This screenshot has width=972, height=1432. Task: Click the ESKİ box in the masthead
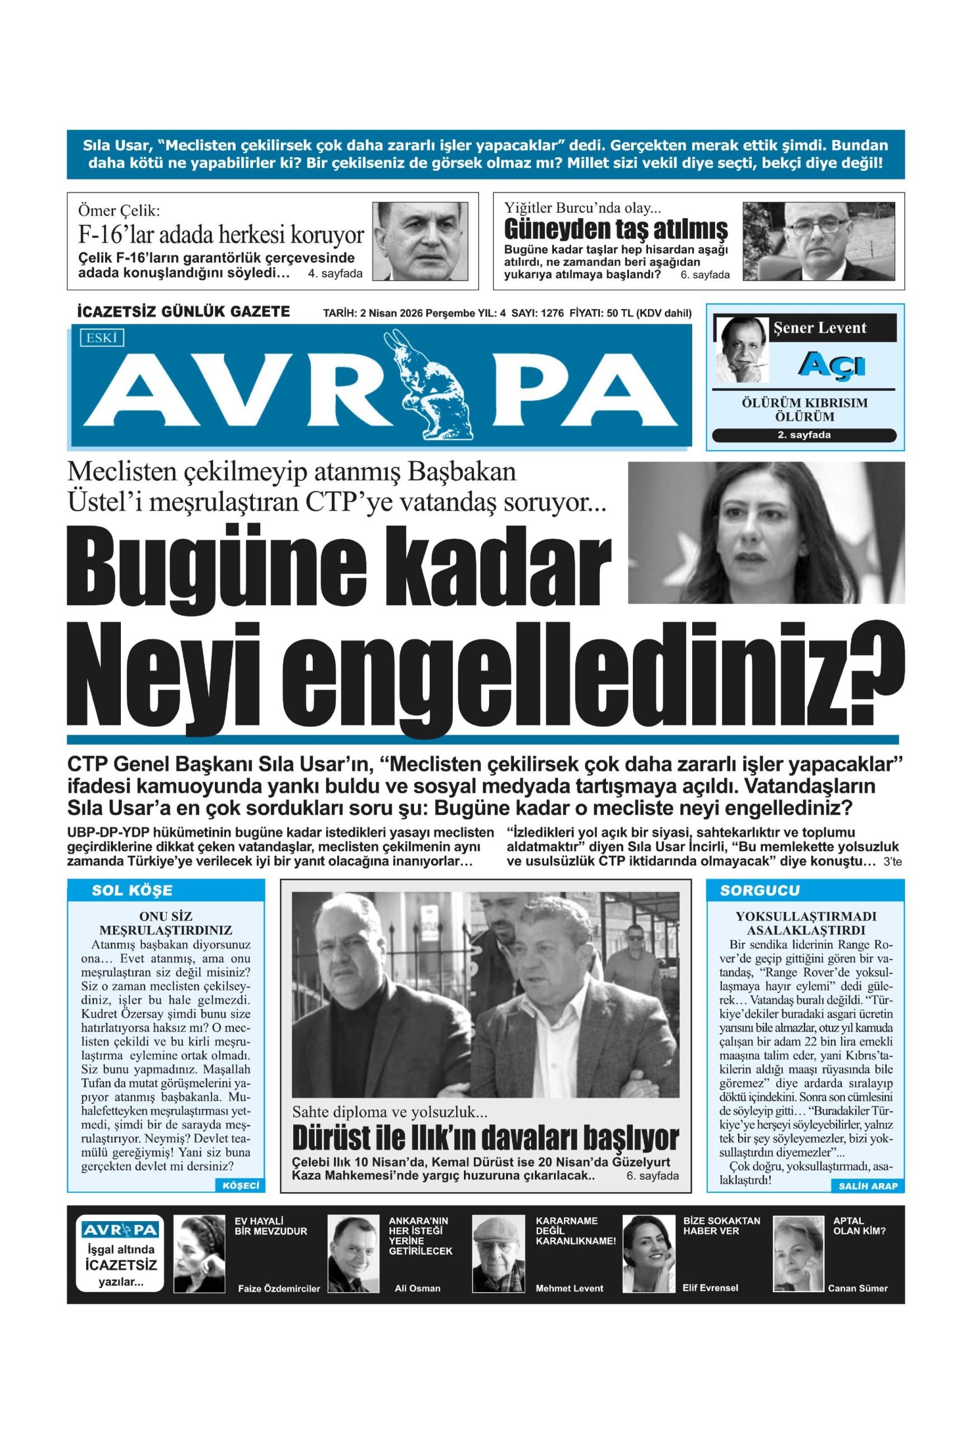(102, 338)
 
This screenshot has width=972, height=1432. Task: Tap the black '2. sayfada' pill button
(803, 435)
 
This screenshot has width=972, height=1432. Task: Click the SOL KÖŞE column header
(132, 891)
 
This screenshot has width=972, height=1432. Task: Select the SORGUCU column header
(759, 891)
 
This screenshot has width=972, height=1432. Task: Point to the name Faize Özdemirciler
(279, 1288)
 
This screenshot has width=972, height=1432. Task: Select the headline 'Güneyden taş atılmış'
(615, 229)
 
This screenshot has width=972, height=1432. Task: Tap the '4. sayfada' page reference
(335, 274)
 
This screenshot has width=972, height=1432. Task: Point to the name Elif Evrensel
(710, 1287)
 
